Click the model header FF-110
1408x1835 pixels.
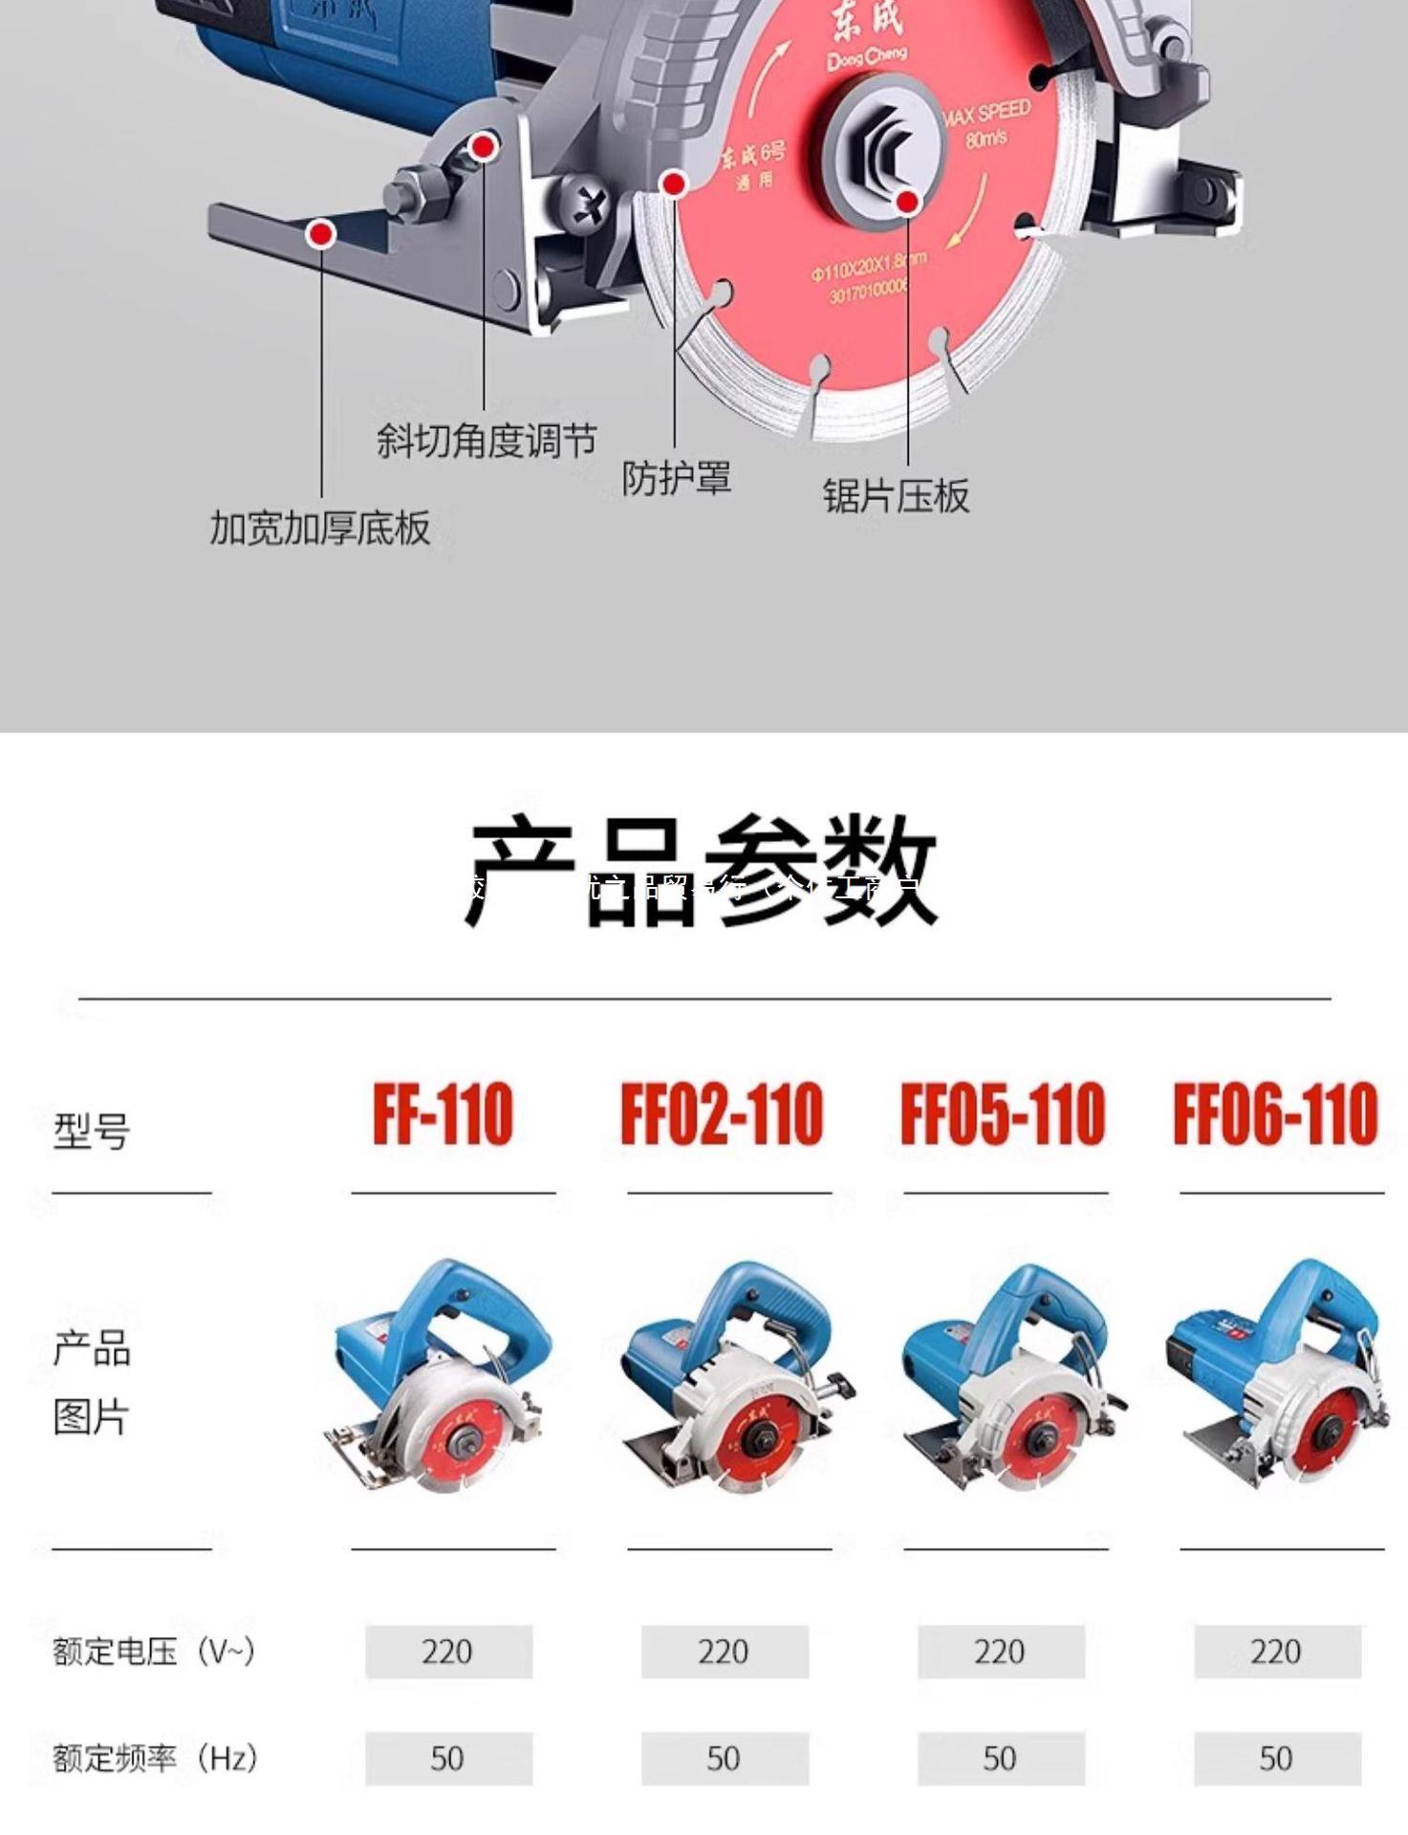tap(443, 1114)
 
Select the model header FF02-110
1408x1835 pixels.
tap(722, 1114)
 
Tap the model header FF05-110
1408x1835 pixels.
tap(1003, 1114)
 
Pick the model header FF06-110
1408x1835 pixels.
tap(1276, 1114)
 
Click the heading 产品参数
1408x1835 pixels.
tap(703, 870)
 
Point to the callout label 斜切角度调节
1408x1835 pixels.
tap(487, 441)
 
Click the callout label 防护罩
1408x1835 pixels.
tap(677, 478)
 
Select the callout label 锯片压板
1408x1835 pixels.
tap(897, 496)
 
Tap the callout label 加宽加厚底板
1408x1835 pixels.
tap(320, 528)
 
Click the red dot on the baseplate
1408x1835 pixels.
tap(322, 233)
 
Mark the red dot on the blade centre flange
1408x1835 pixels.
tap(907, 201)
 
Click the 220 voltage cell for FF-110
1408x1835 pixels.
tap(447, 1651)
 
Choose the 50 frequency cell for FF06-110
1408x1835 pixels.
tap(1276, 1759)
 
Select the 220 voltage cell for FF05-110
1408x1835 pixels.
tap(1000, 1651)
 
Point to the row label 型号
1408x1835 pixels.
tap(92, 1132)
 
